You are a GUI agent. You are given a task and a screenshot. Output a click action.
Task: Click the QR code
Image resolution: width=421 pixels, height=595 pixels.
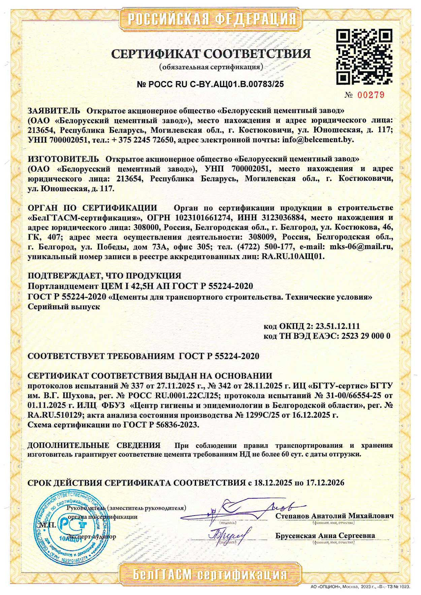pyautogui.click(x=364, y=57)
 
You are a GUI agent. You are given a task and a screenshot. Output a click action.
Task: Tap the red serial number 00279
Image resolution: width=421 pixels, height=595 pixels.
pyautogui.click(x=370, y=95)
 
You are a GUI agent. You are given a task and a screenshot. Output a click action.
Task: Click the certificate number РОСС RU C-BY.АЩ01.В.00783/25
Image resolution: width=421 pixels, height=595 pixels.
pyautogui.click(x=210, y=84)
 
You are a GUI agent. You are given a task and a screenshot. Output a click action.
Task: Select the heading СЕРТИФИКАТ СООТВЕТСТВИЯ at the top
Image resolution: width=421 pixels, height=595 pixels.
pyautogui.click(x=211, y=54)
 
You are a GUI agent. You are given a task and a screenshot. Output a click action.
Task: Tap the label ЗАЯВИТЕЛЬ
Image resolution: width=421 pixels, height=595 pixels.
pyautogui.click(x=54, y=111)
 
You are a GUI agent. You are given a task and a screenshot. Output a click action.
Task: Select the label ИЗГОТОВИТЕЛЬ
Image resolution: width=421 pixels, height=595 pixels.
pyautogui.click(x=63, y=159)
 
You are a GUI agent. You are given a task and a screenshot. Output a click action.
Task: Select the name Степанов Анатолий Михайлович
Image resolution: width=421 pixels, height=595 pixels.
pyautogui.click(x=334, y=516)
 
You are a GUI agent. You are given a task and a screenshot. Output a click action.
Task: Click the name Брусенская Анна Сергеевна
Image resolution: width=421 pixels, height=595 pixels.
pyautogui.click(x=325, y=535)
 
